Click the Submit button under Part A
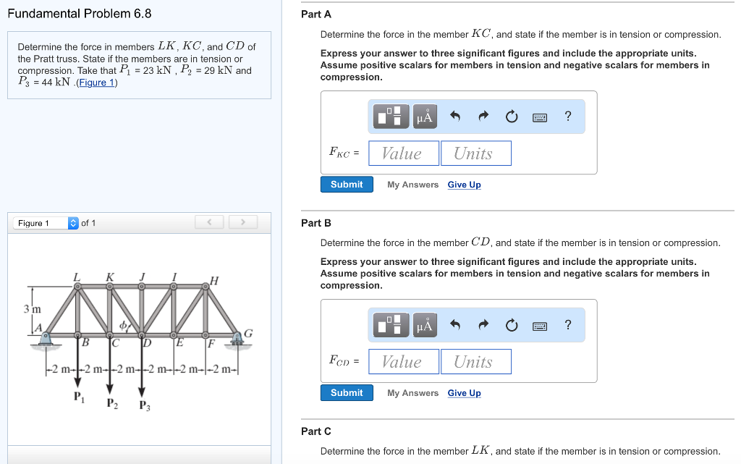click(x=347, y=185)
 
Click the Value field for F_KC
click(x=404, y=153)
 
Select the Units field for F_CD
click(x=475, y=362)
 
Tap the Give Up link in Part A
click(x=464, y=185)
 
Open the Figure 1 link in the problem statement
click(x=97, y=83)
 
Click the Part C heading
click(x=316, y=431)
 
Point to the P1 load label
click(x=77, y=396)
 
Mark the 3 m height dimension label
click(x=32, y=309)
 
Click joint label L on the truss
click(x=77, y=276)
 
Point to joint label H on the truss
click(x=213, y=280)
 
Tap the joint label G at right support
click(x=248, y=333)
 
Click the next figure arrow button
click(x=244, y=222)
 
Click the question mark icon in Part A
click(x=568, y=116)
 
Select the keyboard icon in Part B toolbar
click(x=540, y=325)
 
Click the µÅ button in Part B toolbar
click(x=425, y=325)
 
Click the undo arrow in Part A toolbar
click(x=455, y=116)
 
